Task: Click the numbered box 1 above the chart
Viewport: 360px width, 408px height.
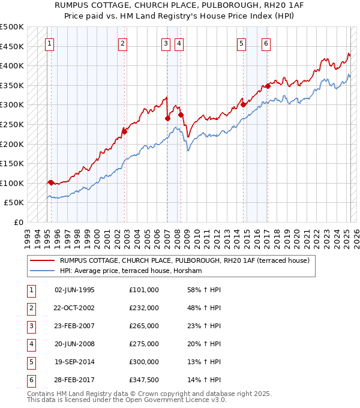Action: tap(49, 43)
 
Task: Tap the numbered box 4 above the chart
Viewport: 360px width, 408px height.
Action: tap(179, 43)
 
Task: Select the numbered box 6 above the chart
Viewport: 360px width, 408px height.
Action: tap(265, 43)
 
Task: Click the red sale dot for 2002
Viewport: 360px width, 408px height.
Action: tap(125, 130)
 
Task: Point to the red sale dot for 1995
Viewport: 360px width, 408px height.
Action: tap(51, 182)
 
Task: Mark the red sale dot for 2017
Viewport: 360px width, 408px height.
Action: tap(268, 86)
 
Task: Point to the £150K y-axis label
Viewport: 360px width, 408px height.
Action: tap(12, 163)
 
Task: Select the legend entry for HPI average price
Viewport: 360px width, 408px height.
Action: tap(131, 271)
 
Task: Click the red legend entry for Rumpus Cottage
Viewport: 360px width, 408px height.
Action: tap(184, 260)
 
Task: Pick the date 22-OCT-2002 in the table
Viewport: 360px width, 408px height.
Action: tap(74, 308)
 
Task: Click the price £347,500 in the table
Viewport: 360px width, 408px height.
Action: tap(143, 380)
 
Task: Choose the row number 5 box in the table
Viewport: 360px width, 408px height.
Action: tap(31, 362)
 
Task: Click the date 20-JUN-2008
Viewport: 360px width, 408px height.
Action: tap(74, 344)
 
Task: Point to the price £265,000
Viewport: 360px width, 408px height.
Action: tap(143, 326)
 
